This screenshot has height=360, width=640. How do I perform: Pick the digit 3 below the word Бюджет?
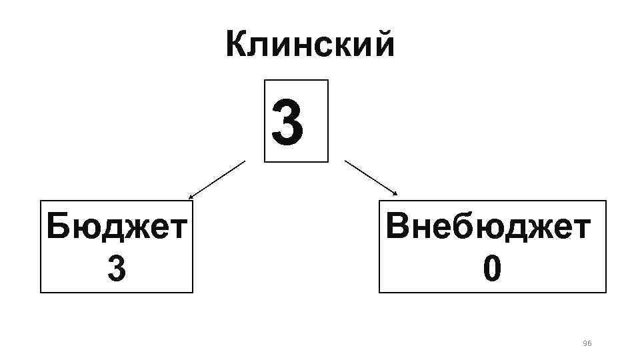pyautogui.click(x=116, y=269)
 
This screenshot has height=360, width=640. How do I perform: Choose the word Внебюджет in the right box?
pyautogui.click(x=488, y=228)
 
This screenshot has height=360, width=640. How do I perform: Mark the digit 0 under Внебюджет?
pyautogui.click(x=491, y=269)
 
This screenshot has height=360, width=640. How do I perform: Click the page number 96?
pyautogui.click(x=587, y=343)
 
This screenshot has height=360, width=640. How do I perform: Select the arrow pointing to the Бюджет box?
pyautogui.click(x=217, y=180)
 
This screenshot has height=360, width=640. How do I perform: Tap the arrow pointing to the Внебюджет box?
pyautogui.click(x=371, y=177)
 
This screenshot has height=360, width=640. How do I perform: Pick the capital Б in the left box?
pyautogui.click(x=58, y=228)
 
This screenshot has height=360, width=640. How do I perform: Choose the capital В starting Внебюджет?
pyautogui.click(x=397, y=228)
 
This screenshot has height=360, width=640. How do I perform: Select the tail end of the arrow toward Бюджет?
pyautogui.click(x=245, y=161)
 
